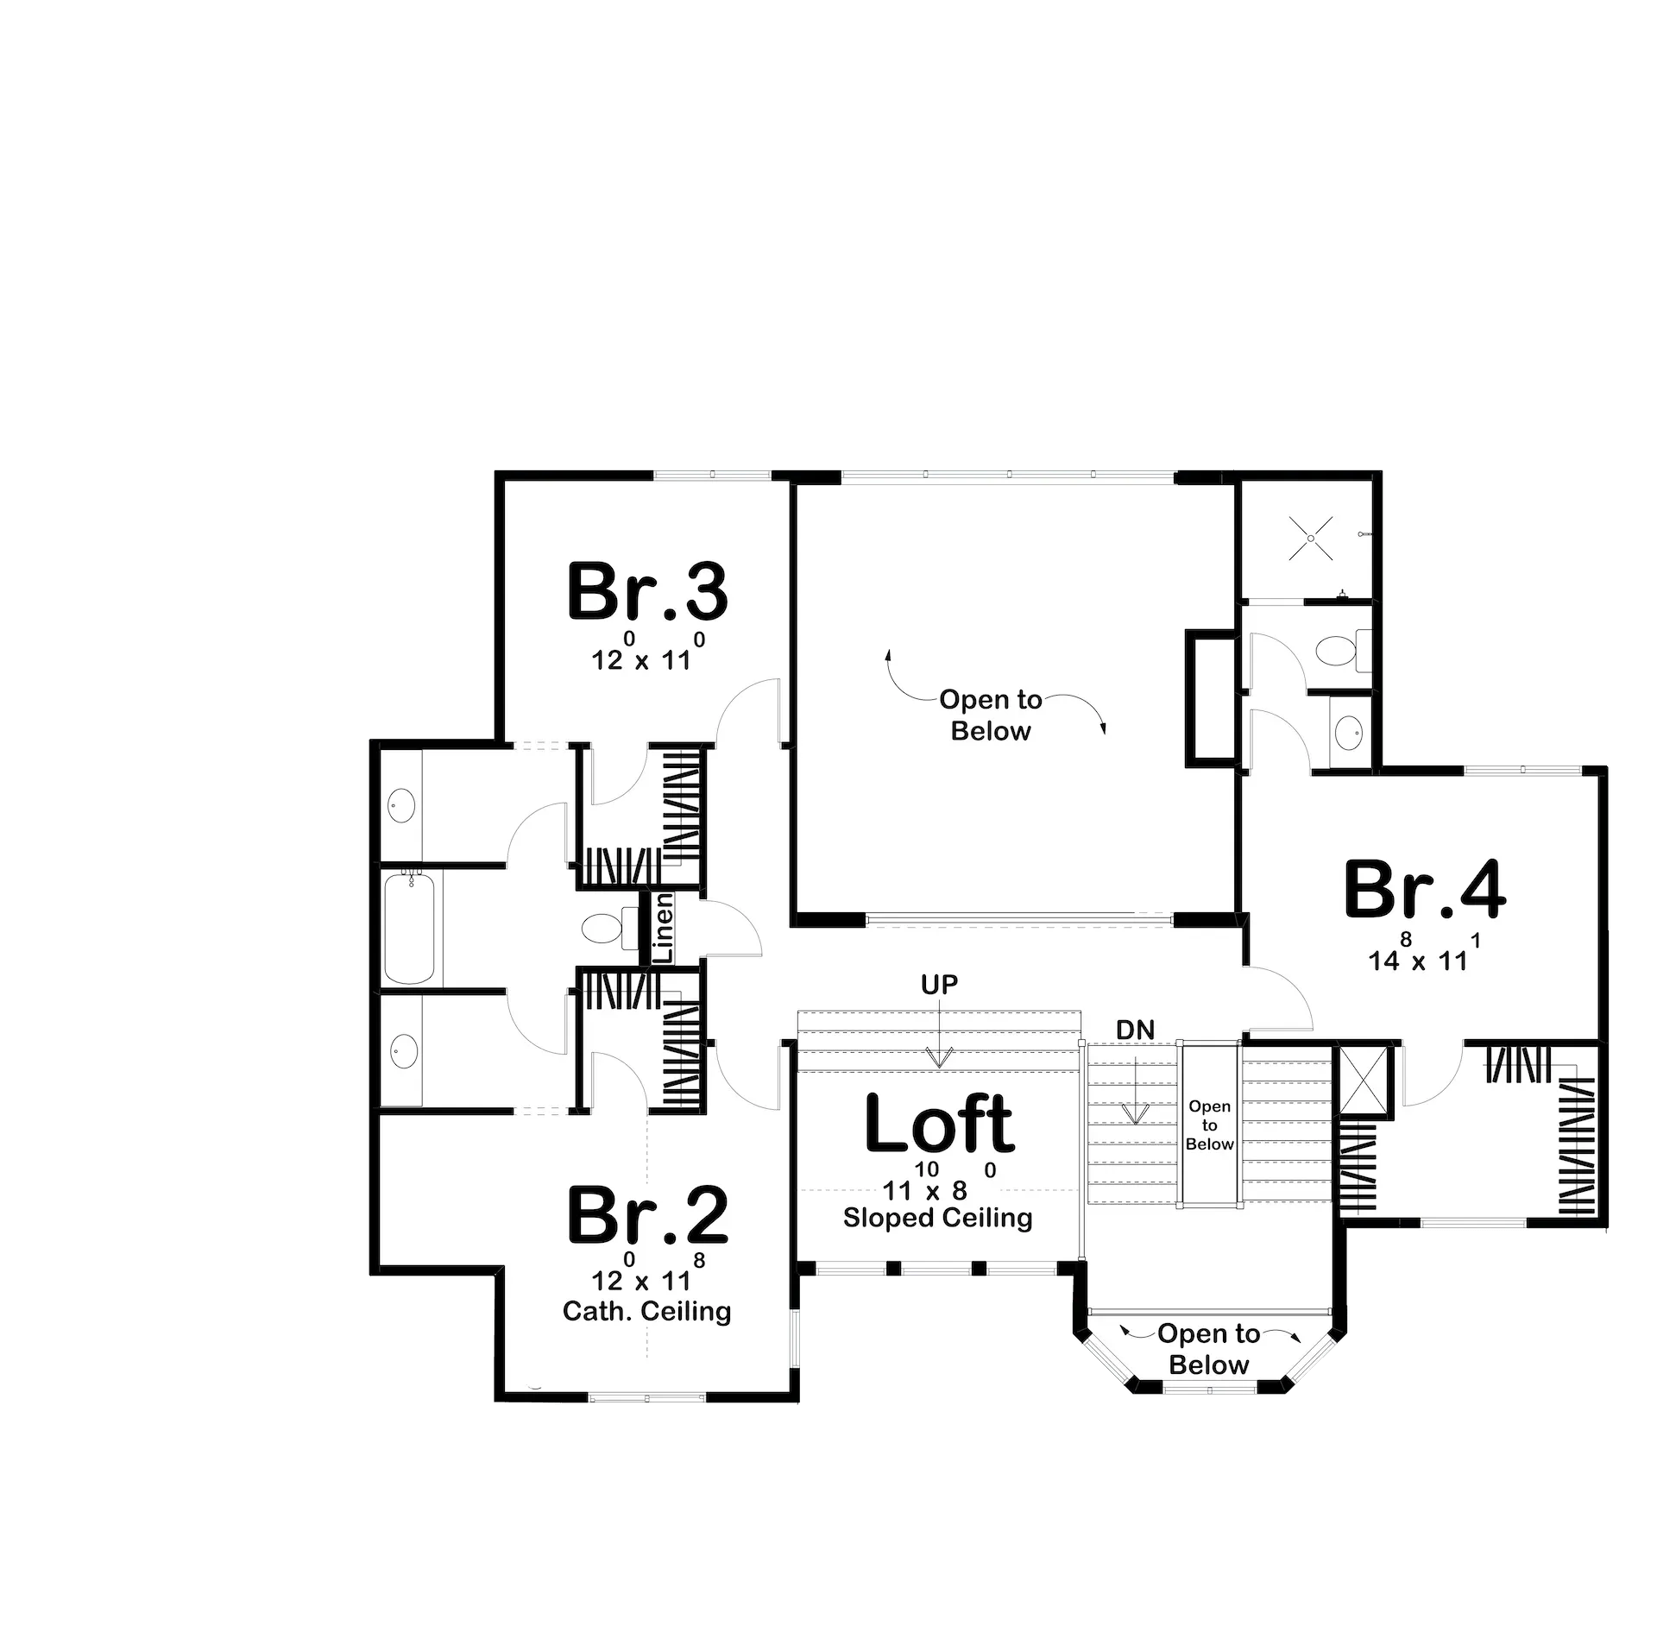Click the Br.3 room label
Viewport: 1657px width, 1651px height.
click(x=647, y=591)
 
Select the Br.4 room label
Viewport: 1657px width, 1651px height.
click(x=1425, y=888)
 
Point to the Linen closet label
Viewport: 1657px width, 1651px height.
click(x=664, y=928)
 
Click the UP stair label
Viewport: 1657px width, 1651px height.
click(x=939, y=985)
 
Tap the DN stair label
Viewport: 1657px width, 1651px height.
click(x=1135, y=1030)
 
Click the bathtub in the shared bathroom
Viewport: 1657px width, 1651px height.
click(x=410, y=927)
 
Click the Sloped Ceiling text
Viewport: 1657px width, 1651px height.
click(x=938, y=1218)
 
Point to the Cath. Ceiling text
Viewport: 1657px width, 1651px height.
click(x=647, y=1311)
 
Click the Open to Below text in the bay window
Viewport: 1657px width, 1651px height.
click(x=1209, y=1349)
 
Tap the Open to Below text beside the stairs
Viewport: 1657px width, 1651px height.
click(x=1209, y=1125)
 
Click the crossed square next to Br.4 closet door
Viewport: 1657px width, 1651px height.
click(x=1364, y=1082)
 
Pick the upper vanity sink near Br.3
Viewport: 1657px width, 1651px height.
click(x=401, y=806)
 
